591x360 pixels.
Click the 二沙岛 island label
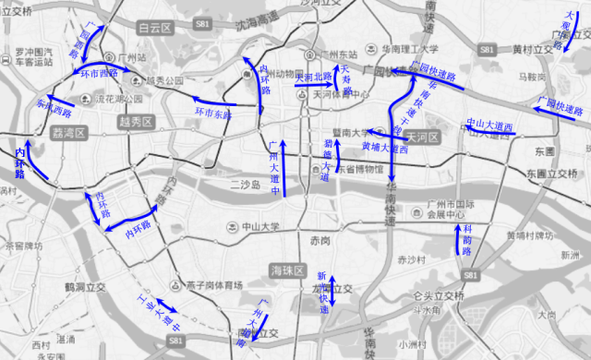(247, 186)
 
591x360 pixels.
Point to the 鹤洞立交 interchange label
(87, 287)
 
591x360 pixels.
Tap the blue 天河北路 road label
(313, 77)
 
